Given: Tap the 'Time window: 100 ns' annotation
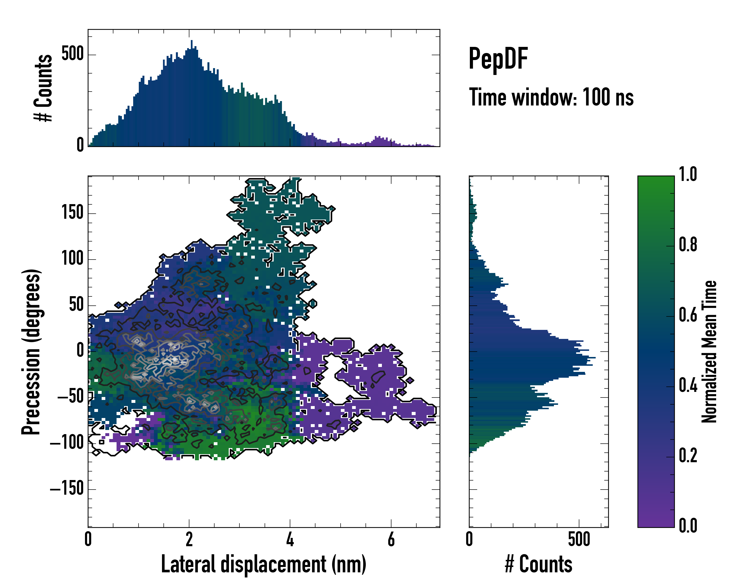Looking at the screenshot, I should point(551,97).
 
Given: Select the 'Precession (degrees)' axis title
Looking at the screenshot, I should point(31,352).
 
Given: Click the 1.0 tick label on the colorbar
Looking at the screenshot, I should point(688,174).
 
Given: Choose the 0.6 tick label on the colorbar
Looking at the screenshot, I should point(688,315).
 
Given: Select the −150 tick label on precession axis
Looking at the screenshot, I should point(67,489).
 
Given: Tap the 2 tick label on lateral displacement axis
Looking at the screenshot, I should point(189,539).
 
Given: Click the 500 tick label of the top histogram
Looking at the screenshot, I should point(72,54).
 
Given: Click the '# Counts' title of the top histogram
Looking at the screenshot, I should point(43,88).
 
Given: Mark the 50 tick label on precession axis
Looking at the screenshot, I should point(76,305).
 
